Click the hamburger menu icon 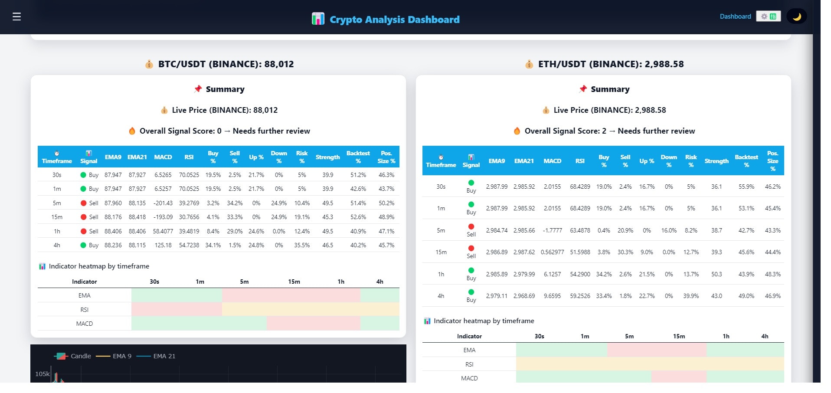pos(16,16)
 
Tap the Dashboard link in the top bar pos(735,16)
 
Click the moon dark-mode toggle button pos(796,16)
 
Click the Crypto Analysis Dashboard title pos(394,20)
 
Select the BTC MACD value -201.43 pos(163,203)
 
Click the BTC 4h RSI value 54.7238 pos(189,245)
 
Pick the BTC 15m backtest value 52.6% pos(358,217)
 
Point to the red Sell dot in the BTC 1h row pos(83,231)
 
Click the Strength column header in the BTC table pos(327,157)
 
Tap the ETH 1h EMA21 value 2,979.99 pos(524,274)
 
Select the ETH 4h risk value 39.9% pos(691,296)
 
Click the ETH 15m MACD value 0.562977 pos(552,252)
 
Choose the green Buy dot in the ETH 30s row pos(471,183)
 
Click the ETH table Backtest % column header pos(746,160)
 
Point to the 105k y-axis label pos(42,373)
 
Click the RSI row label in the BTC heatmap pos(84,310)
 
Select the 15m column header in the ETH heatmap pos(679,336)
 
